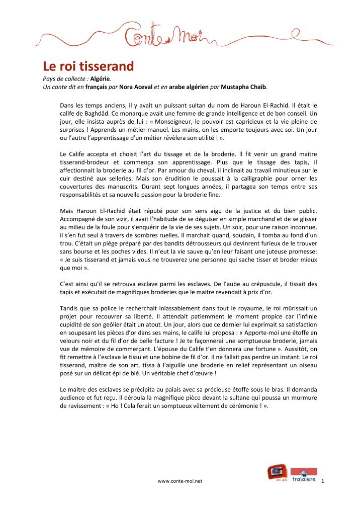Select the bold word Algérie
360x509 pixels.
(x=101, y=79)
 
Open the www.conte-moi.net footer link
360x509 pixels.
(x=180, y=481)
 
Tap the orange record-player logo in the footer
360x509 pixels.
(x=277, y=473)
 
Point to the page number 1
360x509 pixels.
(x=322, y=481)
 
